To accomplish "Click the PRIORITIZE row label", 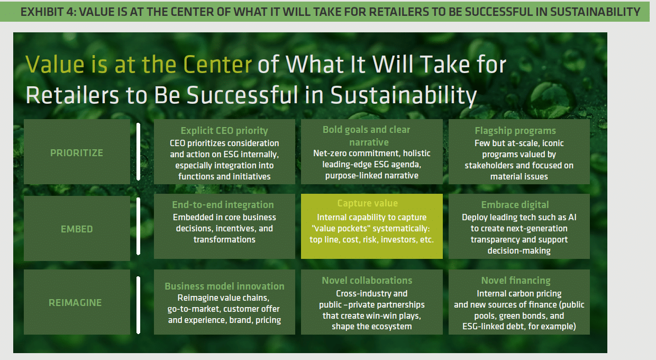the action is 77,153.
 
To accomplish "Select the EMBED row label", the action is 77,229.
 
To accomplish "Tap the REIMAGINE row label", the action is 75,302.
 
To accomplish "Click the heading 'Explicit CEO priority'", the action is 224,131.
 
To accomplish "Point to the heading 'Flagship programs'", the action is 515,131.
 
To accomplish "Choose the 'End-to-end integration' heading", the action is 223,205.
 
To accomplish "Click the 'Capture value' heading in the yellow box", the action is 368,203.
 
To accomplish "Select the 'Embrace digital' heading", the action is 515,205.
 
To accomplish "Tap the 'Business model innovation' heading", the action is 225,286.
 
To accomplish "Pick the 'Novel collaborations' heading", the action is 367,281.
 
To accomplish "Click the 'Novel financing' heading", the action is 516,281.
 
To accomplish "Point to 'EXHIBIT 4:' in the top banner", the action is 48,12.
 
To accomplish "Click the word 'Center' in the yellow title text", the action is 217,64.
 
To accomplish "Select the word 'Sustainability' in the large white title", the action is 404,95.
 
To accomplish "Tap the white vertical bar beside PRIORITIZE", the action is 138,151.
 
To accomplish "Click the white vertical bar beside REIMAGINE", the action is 138,305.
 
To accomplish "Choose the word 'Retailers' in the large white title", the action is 72,95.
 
